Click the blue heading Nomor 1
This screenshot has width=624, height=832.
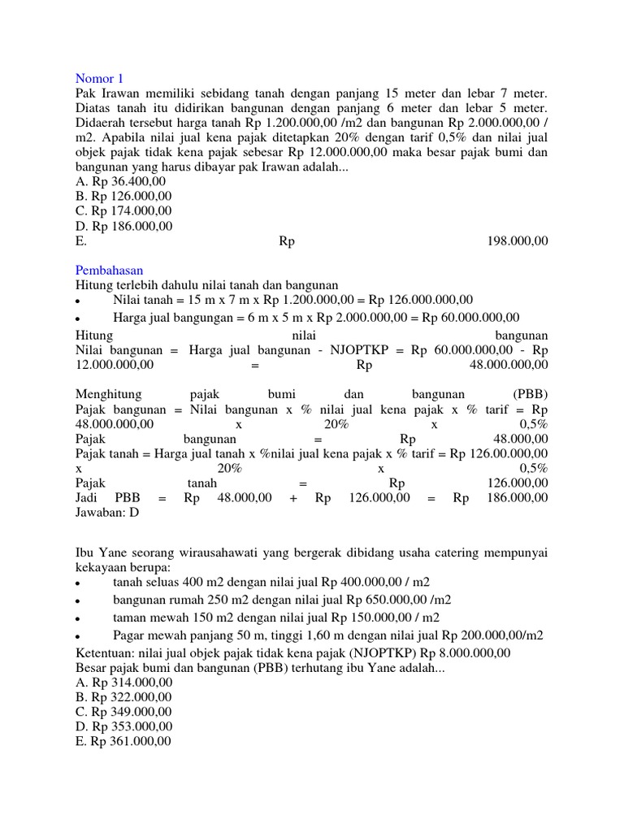coord(99,79)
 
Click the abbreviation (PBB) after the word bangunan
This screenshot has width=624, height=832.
coord(531,394)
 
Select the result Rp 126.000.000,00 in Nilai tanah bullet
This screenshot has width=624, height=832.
coord(418,300)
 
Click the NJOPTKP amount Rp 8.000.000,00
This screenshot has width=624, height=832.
coord(458,652)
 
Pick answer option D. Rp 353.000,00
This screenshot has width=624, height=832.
coord(123,726)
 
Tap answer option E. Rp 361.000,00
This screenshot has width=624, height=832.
coord(123,740)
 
